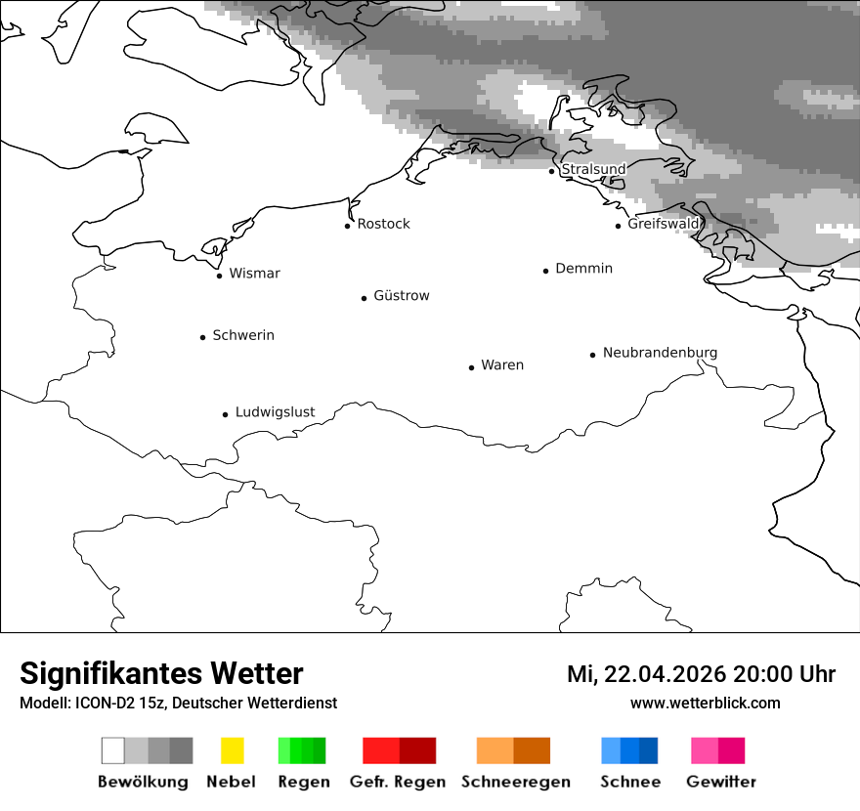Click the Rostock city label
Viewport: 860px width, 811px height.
click(383, 224)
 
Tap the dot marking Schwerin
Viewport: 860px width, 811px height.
click(203, 337)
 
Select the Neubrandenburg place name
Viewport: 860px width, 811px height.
click(660, 353)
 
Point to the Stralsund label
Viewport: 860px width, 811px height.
click(593, 169)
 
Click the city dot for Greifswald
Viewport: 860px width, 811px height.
click(619, 226)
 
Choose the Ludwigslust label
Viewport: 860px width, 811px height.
click(275, 412)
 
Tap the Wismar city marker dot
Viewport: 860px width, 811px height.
click(220, 276)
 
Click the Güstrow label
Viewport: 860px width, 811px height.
click(401, 296)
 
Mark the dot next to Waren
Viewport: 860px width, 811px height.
click(472, 367)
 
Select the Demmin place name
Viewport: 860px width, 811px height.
click(583, 269)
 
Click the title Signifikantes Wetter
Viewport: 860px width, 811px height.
click(161, 673)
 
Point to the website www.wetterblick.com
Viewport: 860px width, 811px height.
click(705, 703)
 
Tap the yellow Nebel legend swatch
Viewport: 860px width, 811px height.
click(232, 750)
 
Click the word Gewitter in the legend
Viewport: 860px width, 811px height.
click(720, 782)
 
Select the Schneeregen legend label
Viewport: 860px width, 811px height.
click(515, 782)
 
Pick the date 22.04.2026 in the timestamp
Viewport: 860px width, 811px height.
click(665, 674)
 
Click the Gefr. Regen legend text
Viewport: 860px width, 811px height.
click(397, 782)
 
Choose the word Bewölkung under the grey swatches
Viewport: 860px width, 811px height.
click(143, 782)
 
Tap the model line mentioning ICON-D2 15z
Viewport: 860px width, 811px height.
click(178, 703)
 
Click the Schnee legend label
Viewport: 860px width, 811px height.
click(629, 782)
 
